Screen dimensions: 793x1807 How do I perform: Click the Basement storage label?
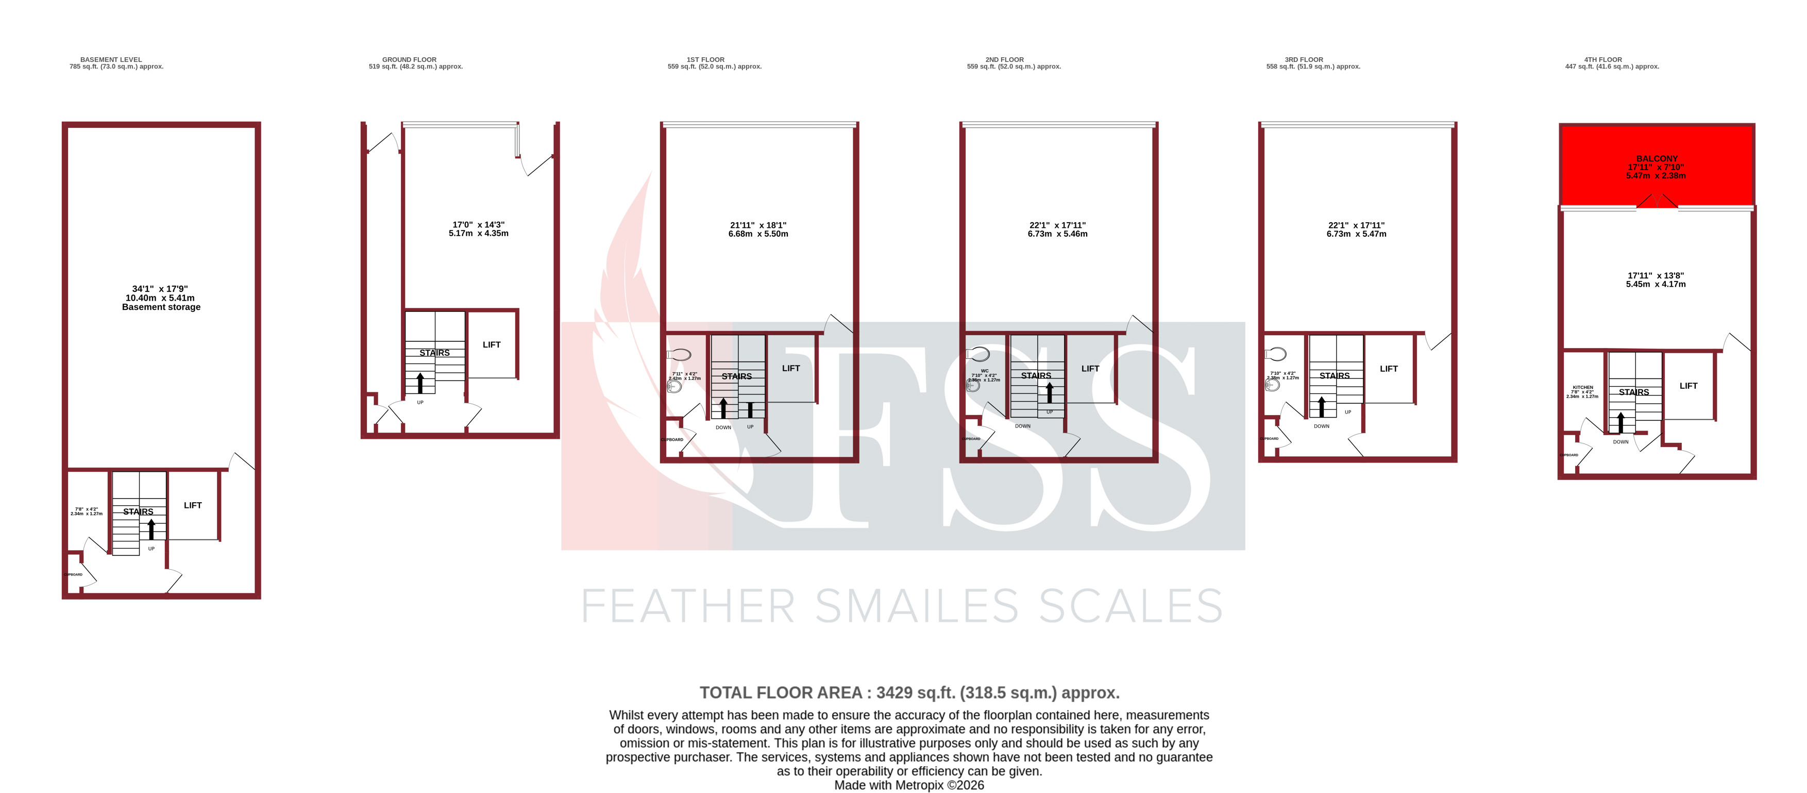pyautogui.click(x=161, y=307)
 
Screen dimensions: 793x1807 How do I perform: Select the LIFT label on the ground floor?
pyautogui.click(x=491, y=344)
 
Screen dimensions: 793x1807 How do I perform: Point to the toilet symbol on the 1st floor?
pyautogui.click(x=680, y=354)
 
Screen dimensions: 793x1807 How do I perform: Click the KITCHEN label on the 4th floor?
pyautogui.click(x=1582, y=387)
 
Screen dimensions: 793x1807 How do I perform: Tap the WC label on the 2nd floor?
pyautogui.click(x=985, y=371)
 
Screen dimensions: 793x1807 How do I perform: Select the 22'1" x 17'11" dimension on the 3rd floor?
pyautogui.click(x=1356, y=225)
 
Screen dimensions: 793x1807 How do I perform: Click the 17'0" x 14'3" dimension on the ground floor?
pyautogui.click(x=478, y=225)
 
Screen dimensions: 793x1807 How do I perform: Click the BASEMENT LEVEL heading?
pyautogui.click(x=111, y=60)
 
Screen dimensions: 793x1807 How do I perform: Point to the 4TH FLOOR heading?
pyautogui.click(x=1603, y=60)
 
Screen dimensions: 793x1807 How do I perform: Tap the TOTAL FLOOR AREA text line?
pyautogui.click(x=909, y=692)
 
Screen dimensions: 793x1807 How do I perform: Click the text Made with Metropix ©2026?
pyautogui.click(x=909, y=785)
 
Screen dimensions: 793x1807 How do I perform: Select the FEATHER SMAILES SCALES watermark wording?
pyautogui.click(x=902, y=606)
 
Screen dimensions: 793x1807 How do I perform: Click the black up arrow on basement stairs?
pyautogui.click(x=151, y=528)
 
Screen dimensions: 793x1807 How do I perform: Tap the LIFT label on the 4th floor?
pyautogui.click(x=1688, y=386)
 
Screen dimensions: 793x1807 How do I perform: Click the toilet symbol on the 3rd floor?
pyautogui.click(x=1277, y=354)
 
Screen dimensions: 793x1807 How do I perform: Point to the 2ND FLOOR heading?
pyautogui.click(x=1005, y=60)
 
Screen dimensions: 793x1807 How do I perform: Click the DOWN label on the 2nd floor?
pyautogui.click(x=1023, y=426)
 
